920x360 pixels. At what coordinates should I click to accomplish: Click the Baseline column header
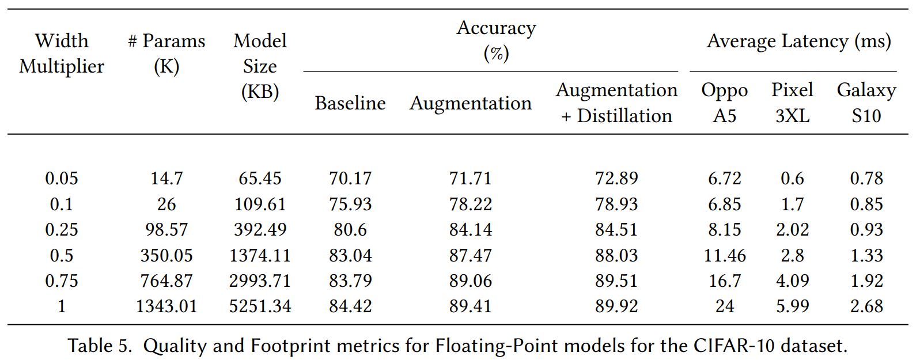[350, 103]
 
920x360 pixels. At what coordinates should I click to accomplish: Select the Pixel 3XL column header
[792, 103]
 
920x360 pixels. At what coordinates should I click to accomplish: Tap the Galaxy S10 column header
[866, 103]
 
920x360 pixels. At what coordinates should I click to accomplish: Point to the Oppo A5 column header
[724, 103]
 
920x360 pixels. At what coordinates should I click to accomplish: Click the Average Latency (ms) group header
[798, 41]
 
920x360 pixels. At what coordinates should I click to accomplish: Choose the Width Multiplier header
[62, 54]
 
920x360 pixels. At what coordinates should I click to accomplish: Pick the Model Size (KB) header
[260, 66]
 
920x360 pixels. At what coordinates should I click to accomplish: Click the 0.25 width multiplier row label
[62, 230]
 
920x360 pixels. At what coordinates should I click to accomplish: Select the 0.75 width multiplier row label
[62, 281]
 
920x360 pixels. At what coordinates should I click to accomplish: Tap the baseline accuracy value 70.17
[350, 179]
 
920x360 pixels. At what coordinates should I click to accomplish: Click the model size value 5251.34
[260, 306]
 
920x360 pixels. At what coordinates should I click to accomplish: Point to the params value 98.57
[166, 230]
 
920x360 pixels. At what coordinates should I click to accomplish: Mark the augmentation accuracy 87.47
[470, 255]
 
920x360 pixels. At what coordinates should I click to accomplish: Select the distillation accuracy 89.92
[616, 306]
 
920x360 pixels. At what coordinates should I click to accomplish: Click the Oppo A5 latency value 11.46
[724, 255]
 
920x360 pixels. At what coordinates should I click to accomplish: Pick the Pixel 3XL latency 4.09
[792, 281]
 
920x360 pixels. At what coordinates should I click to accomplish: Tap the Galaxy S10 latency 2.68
[866, 306]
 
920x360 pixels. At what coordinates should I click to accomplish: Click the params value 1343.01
[166, 306]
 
